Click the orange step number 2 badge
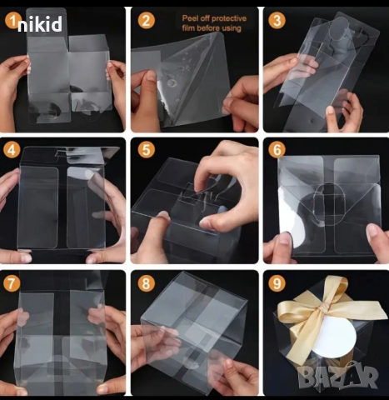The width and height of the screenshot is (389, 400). [x=146, y=20]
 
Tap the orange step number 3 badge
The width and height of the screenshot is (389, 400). [x=277, y=21]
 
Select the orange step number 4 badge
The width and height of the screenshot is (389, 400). [x=12, y=150]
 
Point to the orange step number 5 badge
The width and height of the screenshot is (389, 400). [x=146, y=150]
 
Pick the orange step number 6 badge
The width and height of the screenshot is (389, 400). [x=277, y=150]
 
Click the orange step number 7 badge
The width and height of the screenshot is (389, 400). [x=12, y=283]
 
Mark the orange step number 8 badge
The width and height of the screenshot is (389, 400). [x=146, y=283]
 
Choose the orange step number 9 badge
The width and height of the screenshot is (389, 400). [x=277, y=283]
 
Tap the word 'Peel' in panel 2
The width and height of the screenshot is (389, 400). [x=188, y=18]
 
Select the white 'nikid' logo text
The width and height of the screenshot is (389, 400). [x=40, y=24]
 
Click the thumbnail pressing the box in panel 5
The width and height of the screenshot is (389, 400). [x=164, y=216]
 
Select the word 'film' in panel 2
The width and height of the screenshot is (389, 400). [x=188, y=28]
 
